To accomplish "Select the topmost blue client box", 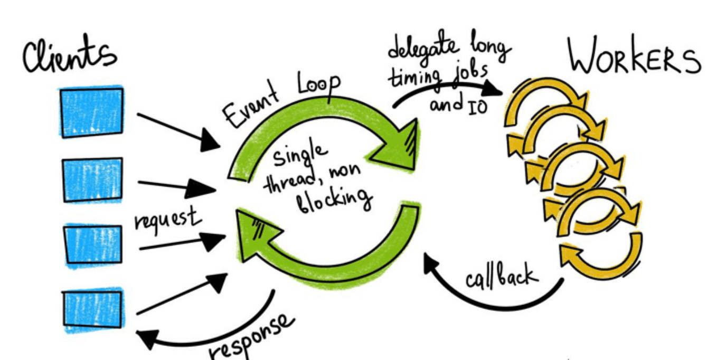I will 91,112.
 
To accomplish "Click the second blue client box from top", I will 92,180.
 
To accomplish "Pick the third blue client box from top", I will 92,244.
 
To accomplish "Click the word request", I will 168,218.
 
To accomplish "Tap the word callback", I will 501,274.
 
